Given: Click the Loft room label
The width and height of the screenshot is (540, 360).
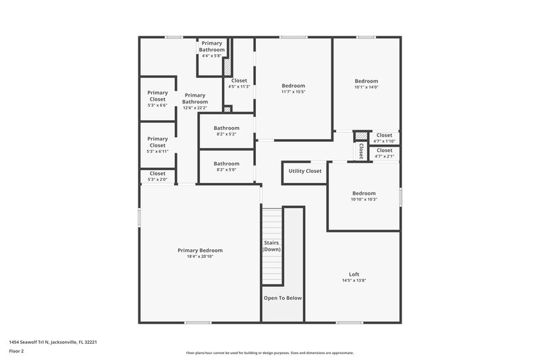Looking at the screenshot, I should coord(354,274).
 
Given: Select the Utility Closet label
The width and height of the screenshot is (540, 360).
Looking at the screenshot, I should coord(304,171).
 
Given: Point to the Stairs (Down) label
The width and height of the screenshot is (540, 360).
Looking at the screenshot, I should coord(271,245).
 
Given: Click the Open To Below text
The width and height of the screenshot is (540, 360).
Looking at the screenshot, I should coord(283,298).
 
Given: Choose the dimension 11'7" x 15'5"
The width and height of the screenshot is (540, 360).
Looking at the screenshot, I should coord(293,92).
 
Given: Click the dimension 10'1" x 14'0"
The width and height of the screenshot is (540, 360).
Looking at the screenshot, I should coord(367,86).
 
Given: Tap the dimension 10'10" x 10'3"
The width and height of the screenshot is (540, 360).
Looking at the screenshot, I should coord(363,199).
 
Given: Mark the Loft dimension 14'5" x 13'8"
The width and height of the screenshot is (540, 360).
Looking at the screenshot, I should coord(354,280).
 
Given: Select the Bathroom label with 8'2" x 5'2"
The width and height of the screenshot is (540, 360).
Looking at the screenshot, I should coord(226,128).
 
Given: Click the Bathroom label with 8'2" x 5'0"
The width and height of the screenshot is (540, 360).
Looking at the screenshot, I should coord(226,163).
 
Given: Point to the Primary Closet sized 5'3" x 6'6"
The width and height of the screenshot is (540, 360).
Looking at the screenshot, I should coord(157,96).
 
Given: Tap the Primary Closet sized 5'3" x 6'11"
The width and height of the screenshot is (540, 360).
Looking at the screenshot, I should coord(157,142).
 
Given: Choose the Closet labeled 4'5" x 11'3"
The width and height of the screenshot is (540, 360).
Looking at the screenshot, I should coord(239,80).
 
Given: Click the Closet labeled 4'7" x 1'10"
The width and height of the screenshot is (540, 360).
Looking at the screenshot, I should coord(384,135).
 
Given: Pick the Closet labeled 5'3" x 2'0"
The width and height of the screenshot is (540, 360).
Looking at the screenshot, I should coord(157,174).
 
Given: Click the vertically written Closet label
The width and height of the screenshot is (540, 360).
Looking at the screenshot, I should coord(361,151).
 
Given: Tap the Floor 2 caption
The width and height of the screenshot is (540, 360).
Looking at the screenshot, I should coord(16,351).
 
